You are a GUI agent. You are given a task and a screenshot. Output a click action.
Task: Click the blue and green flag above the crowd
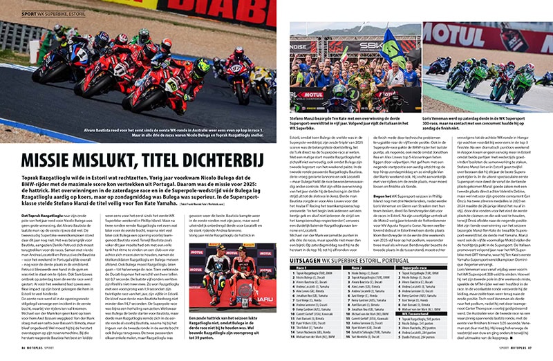pos(390,41)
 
